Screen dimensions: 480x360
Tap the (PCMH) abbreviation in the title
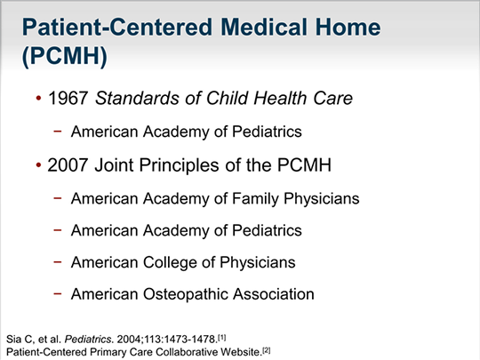click(65, 56)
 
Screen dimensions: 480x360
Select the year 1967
click(68, 99)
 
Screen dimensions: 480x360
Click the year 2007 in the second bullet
click(68, 165)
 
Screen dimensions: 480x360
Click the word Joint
click(115, 165)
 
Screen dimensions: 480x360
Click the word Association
click(274, 294)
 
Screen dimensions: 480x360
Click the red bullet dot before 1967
click(38, 99)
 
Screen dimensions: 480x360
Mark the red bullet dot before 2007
click(38, 165)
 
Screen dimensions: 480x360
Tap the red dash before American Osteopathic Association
click(58, 293)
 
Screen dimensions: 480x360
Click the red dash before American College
click(58, 261)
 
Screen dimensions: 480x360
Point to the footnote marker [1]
click(222, 338)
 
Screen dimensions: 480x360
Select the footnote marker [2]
click(267, 350)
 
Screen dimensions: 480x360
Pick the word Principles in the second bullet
click(180, 165)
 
